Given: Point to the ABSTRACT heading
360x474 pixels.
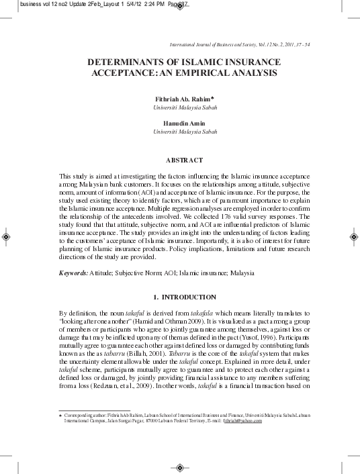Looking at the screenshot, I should point(184,160).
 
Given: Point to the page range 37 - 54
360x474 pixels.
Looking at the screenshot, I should point(298,42).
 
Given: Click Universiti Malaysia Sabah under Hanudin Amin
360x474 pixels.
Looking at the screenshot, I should point(185,132).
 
